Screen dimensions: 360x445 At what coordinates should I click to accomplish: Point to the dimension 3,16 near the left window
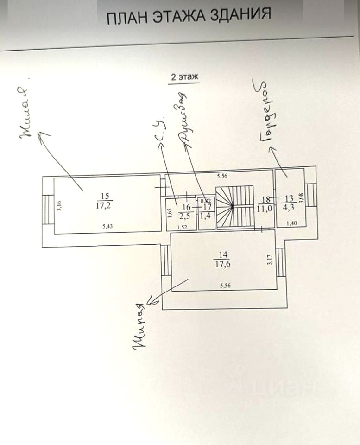tap(59, 205)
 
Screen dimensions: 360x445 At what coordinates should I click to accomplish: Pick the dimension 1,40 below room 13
tap(291, 224)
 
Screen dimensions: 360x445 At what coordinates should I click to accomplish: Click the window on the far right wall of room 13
tap(311, 195)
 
